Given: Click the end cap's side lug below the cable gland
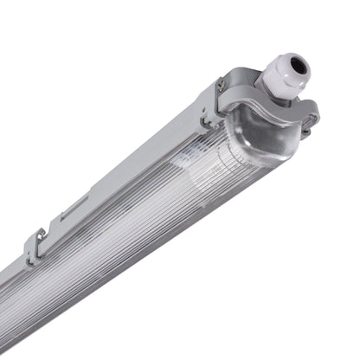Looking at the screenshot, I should coord(307,117).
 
